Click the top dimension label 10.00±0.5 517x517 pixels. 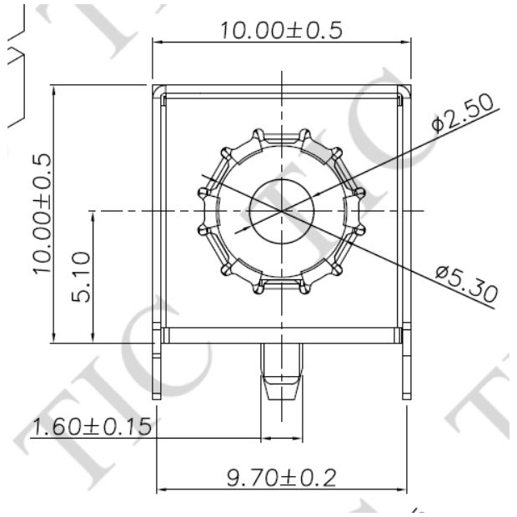281,31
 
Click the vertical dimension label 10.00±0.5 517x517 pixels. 39,213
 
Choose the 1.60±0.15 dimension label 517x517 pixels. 91,427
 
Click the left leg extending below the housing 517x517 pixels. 157,367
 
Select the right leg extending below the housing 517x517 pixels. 406,367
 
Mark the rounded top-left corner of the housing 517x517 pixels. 158,90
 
